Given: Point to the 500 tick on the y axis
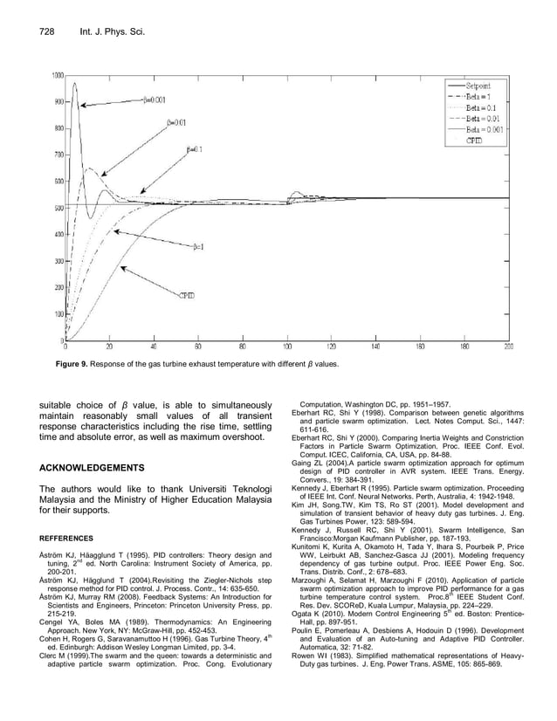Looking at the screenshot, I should coord(56,208).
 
